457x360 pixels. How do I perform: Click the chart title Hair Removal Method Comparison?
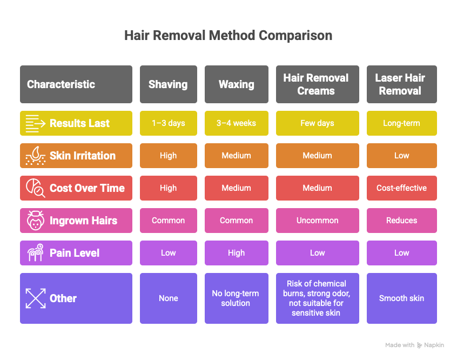tap(228, 36)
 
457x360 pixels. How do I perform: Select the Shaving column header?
tap(169, 84)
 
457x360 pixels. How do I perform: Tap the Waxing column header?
tap(237, 84)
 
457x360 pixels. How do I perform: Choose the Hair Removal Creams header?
tap(318, 84)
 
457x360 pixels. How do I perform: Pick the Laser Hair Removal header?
tap(401, 84)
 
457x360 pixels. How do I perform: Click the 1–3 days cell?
tap(169, 123)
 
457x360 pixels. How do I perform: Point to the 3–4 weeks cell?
tap(237, 123)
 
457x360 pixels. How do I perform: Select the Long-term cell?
tap(401, 123)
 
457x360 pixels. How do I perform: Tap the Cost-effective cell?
tap(401, 188)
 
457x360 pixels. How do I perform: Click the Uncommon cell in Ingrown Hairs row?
tap(318, 220)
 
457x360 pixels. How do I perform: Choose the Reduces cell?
tap(401, 220)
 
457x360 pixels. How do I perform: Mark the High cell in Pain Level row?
tap(237, 253)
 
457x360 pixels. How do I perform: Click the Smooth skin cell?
tap(401, 298)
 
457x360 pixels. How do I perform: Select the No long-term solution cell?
tap(237, 298)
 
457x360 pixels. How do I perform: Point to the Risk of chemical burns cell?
tap(318, 298)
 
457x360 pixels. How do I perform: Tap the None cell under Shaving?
tap(169, 298)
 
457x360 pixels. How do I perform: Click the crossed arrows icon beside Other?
tap(36, 298)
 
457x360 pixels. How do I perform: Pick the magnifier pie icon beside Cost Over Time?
tap(36, 188)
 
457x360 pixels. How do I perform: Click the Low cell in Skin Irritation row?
tap(401, 156)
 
